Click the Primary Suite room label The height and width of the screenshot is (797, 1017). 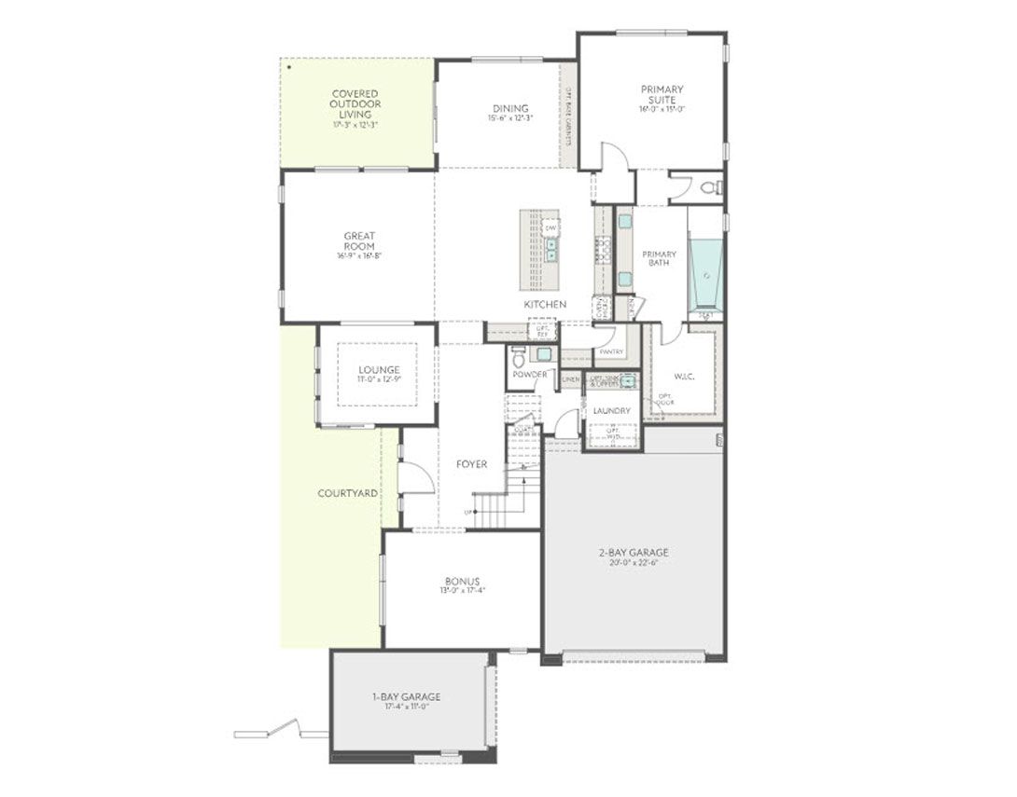(662, 94)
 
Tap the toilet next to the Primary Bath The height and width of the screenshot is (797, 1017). (711, 187)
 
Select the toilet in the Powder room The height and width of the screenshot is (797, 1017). (519, 355)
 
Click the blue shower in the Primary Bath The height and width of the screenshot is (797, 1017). (705, 274)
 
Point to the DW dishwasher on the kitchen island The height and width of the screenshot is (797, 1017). (550, 227)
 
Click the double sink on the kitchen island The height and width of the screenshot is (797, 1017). (551, 250)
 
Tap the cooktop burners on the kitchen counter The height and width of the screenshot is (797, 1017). (603, 250)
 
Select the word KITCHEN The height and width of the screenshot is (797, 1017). (545, 305)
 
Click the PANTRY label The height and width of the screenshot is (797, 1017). (611, 351)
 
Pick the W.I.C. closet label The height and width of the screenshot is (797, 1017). (684, 378)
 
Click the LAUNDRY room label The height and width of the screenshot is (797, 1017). (611, 410)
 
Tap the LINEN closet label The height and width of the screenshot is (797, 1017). (570, 379)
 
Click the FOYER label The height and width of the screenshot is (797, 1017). (471, 464)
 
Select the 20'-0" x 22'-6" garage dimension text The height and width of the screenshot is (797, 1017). (634, 562)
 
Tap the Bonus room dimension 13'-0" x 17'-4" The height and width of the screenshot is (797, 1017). (463, 590)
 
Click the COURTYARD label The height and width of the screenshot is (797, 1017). (347, 492)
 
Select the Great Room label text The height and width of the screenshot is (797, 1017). (359, 240)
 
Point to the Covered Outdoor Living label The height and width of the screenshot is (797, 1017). (355, 103)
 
